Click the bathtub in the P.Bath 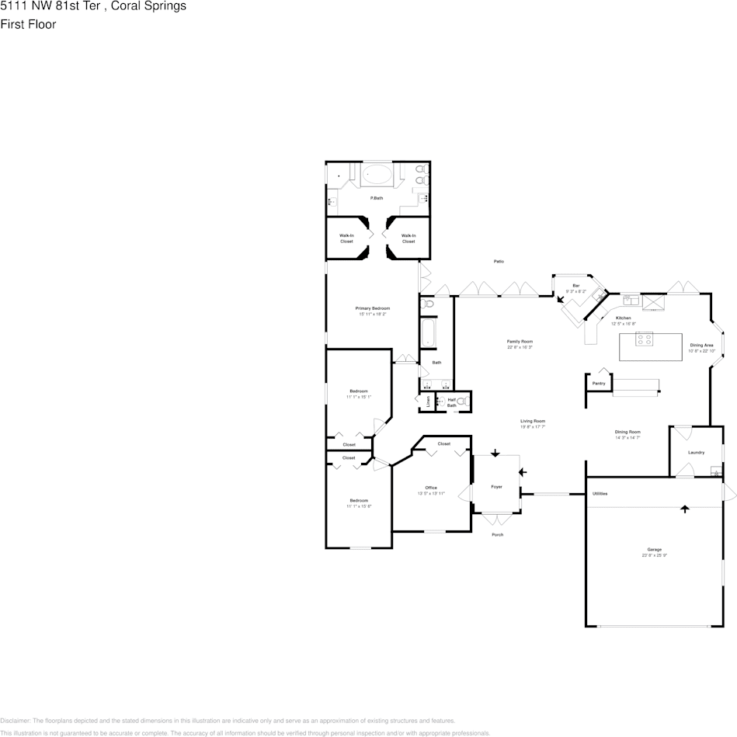tap(378, 176)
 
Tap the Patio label tap(499, 261)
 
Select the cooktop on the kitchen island tap(645, 339)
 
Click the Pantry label tap(599, 383)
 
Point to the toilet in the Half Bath tap(461, 402)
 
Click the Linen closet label tap(428, 402)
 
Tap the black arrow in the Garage tap(685, 509)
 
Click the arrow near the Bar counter tap(561, 297)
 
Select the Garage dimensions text tap(654, 555)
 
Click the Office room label tap(430, 488)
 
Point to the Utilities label tap(600, 494)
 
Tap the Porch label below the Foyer tap(497, 534)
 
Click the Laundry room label tap(696, 452)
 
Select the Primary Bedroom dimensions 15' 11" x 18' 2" tap(374, 315)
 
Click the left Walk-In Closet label tap(346, 238)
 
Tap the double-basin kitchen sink tap(630, 300)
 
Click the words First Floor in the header tap(28, 24)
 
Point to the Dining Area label tap(700, 345)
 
